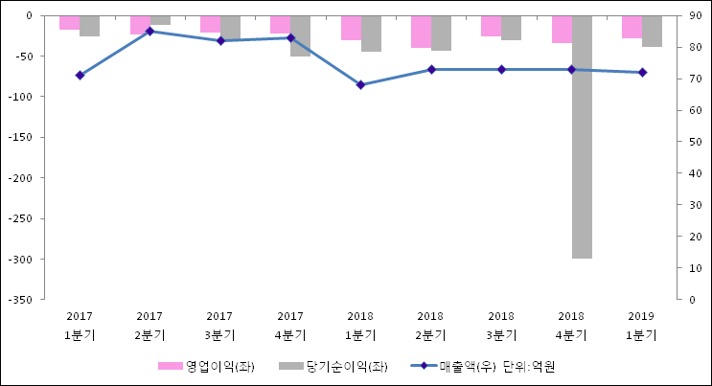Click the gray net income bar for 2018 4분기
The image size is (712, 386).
click(x=582, y=137)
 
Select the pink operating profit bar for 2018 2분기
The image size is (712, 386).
click(x=421, y=32)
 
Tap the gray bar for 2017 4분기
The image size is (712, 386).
click(x=301, y=36)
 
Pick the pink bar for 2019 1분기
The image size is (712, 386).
click(x=632, y=27)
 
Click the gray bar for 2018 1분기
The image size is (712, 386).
click(x=371, y=34)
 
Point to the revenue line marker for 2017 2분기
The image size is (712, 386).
click(x=149, y=32)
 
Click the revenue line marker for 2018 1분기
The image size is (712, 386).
click(x=360, y=85)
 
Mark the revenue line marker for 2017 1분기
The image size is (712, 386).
click(x=80, y=75)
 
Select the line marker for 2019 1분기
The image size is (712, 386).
click(x=642, y=73)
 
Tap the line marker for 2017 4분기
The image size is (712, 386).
click(x=290, y=37)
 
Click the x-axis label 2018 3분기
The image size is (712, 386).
click(x=501, y=326)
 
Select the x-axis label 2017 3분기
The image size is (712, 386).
click(x=219, y=326)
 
